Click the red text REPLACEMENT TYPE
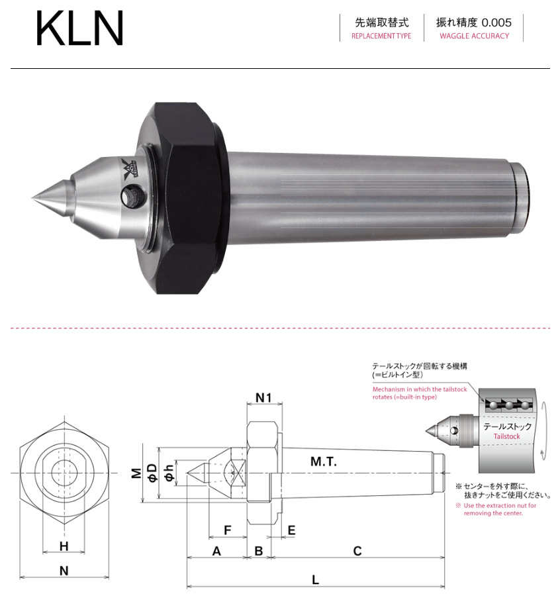click(381, 36)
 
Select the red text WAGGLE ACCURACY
click(474, 36)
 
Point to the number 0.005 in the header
click(496, 22)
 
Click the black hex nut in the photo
click(189, 198)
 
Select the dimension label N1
click(264, 399)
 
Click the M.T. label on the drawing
click(324, 462)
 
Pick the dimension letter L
click(315, 579)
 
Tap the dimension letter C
click(357, 551)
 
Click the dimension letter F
click(227, 530)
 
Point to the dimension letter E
click(292, 530)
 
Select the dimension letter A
click(216, 551)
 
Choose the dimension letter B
click(259, 551)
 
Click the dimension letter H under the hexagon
click(64, 546)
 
